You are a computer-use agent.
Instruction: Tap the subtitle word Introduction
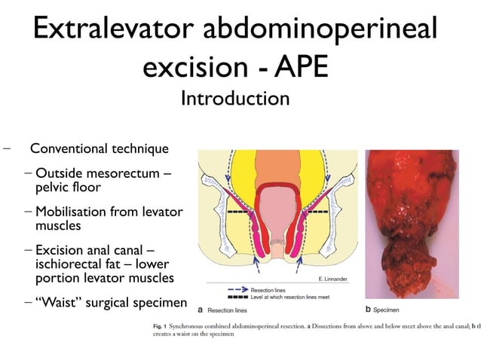235,99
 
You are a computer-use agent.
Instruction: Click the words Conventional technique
99,148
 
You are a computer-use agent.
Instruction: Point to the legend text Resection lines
267,289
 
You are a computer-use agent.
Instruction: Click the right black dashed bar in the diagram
317,213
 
